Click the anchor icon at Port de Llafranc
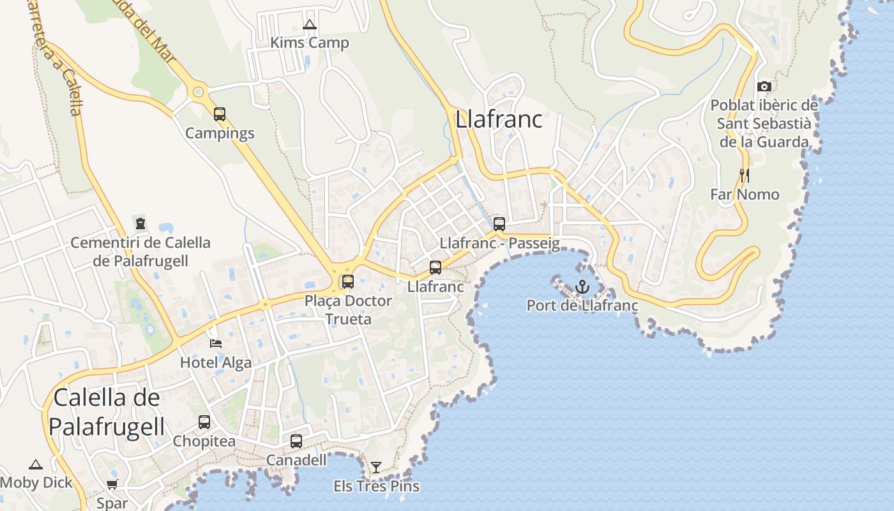582,287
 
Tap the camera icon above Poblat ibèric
764,86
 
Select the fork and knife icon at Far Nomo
744,175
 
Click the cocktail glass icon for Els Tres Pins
376,468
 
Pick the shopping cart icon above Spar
112,485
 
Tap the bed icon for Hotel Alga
216,344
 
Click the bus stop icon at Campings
220,114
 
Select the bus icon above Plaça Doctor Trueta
348,281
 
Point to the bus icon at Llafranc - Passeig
499,224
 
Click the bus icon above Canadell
296,441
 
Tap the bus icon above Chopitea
204,422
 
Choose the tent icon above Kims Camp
310,25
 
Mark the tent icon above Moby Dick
36,464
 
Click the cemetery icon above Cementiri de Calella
140,224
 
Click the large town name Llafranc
499,119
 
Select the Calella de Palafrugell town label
107,412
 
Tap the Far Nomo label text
745,194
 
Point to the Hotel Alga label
216,363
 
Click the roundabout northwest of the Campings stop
198,92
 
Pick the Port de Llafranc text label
582,305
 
